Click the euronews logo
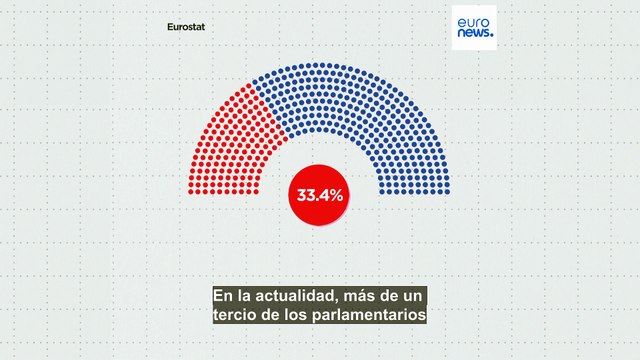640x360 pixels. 474,27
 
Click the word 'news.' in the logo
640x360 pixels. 474,34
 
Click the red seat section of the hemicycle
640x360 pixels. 230,140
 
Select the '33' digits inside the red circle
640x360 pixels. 304,195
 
